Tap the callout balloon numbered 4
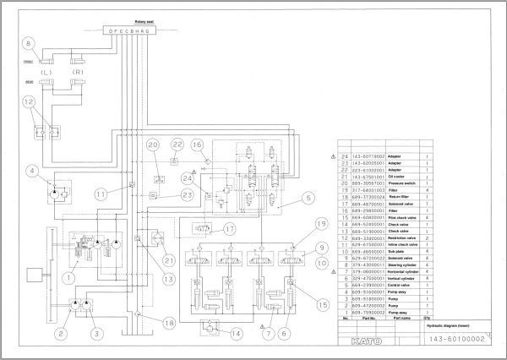31,172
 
